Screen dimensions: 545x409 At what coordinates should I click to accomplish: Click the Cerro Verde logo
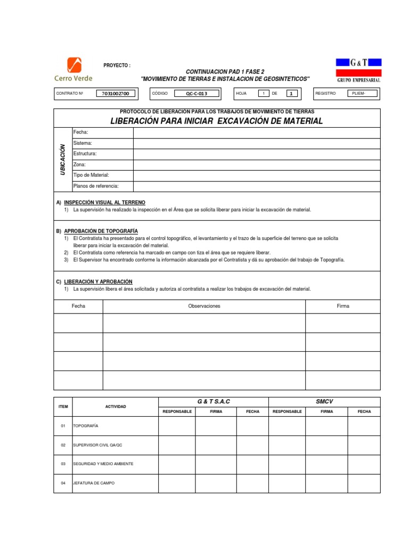(73, 70)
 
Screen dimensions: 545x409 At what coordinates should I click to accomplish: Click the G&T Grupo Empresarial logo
(358, 70)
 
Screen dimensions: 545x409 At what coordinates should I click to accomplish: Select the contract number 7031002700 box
(116, 94)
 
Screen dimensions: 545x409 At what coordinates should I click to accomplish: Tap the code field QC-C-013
(196, 94)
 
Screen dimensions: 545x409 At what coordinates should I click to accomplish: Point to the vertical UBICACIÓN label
(63, 160)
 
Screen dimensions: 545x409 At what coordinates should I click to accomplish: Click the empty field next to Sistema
(257, 143)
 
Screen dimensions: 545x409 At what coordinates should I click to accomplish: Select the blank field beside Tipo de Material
(257, 176)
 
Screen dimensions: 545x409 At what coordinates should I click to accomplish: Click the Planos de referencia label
(96, 186)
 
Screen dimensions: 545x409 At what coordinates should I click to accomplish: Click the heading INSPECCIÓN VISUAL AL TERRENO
(104, 203)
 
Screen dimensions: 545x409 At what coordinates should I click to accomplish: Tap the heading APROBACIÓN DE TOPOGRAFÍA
(101, 231)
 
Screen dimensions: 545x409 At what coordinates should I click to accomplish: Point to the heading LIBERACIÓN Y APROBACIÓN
(98, 282)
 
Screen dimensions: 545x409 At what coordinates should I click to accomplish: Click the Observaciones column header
(204, 306)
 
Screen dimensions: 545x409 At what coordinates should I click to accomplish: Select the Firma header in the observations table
(343, 306)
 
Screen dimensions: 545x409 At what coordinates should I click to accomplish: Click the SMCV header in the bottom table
(324, 401)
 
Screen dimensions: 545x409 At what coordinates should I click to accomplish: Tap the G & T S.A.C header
(213, 401)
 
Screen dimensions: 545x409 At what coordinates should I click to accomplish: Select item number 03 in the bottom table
(63, 464)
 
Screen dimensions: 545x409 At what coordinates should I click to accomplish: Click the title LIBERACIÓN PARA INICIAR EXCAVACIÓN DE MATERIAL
(217, 121)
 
